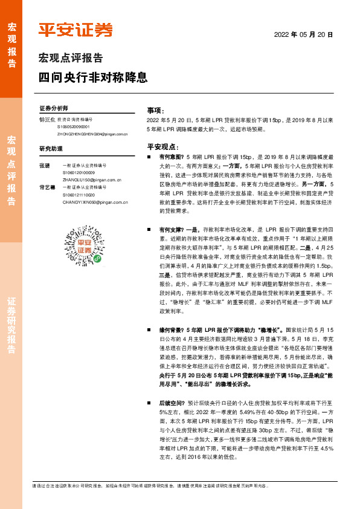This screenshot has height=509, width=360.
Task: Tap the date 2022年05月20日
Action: coord(304,34)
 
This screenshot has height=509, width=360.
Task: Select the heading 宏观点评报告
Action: coord(70,59)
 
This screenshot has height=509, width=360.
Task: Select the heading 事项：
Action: coord(156,111)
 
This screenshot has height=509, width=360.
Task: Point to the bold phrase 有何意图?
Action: coord(171,157)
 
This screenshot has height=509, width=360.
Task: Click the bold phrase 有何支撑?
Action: coord(171,230)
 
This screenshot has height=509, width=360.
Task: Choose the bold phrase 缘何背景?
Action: coord(171,331)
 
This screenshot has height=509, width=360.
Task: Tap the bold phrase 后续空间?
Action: coord(171,402)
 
